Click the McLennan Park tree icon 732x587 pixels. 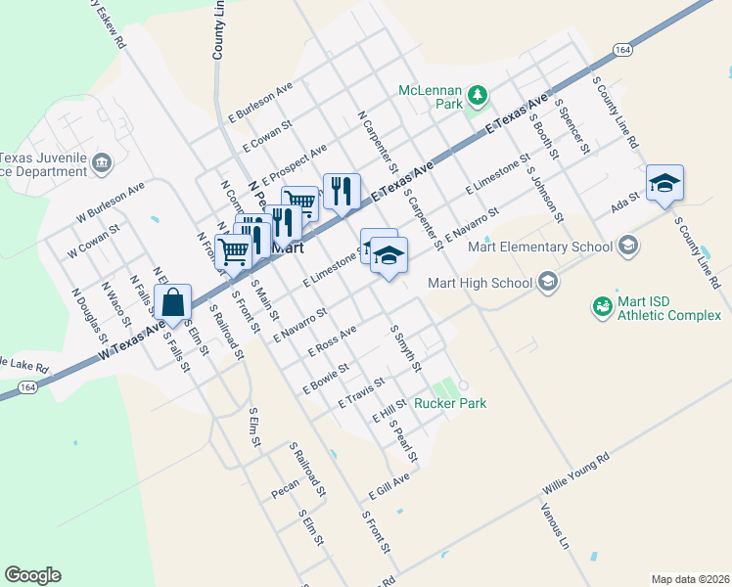click(477, 95)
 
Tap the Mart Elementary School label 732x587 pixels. click(540, 247)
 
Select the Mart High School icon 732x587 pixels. click(548, 284)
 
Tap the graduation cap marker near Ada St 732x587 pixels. click(664, 183)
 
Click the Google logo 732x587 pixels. click(32, 575)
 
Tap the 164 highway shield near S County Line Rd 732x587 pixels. click(621, 49)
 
